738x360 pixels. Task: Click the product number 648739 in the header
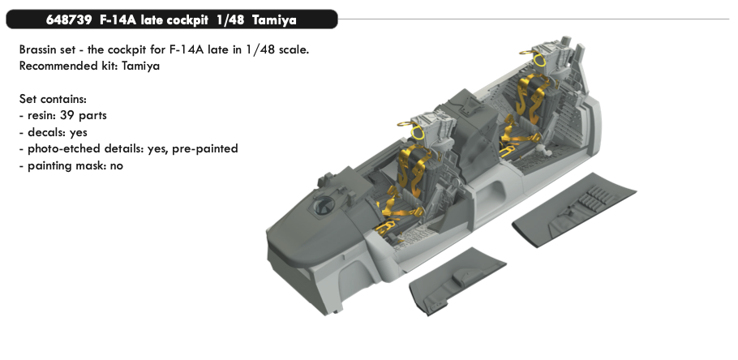[x=69, y=20]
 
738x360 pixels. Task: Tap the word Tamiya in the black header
[x=274, y=21]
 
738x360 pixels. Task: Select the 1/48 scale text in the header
[x=230, y=20]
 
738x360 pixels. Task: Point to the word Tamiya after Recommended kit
[x=140, y=66]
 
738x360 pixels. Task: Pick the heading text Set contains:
[x=53, y=99]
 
